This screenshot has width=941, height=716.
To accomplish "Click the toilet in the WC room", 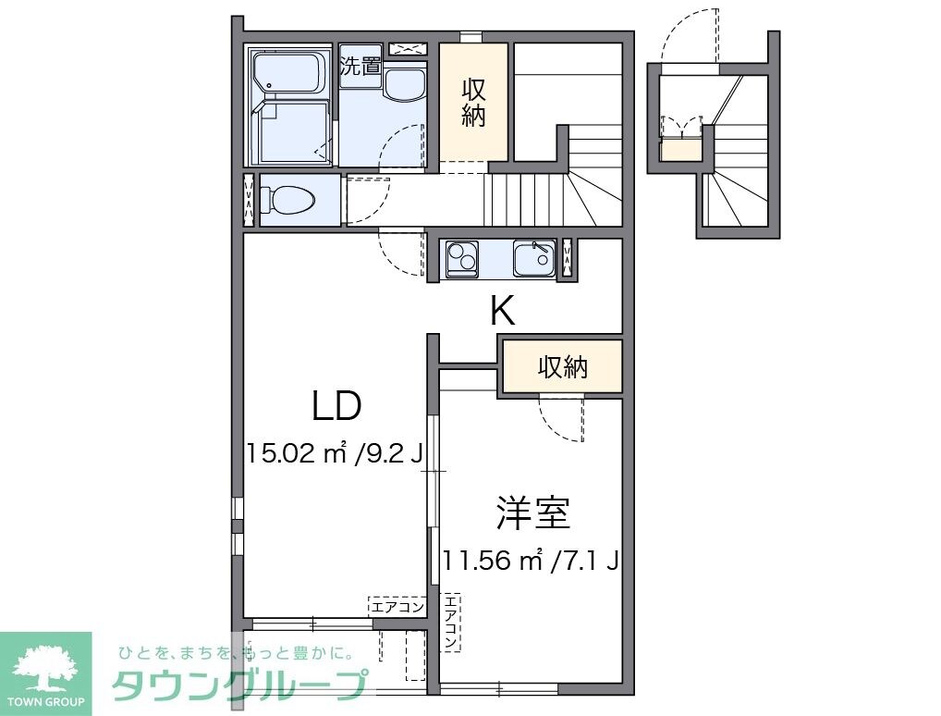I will coord(287,199).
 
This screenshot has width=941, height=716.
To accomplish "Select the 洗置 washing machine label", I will coord(360,66).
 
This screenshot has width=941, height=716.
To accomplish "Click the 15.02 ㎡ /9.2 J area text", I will coord(334,453).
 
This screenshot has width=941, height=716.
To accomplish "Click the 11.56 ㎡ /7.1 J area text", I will coord(530,561).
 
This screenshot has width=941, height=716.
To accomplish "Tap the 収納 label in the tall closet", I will coord(473,104).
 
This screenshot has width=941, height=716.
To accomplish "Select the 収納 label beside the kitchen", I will coord(563,367).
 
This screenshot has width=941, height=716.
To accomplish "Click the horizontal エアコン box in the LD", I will coord(397,607).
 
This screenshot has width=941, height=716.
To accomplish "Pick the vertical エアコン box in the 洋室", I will coord(450,620).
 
